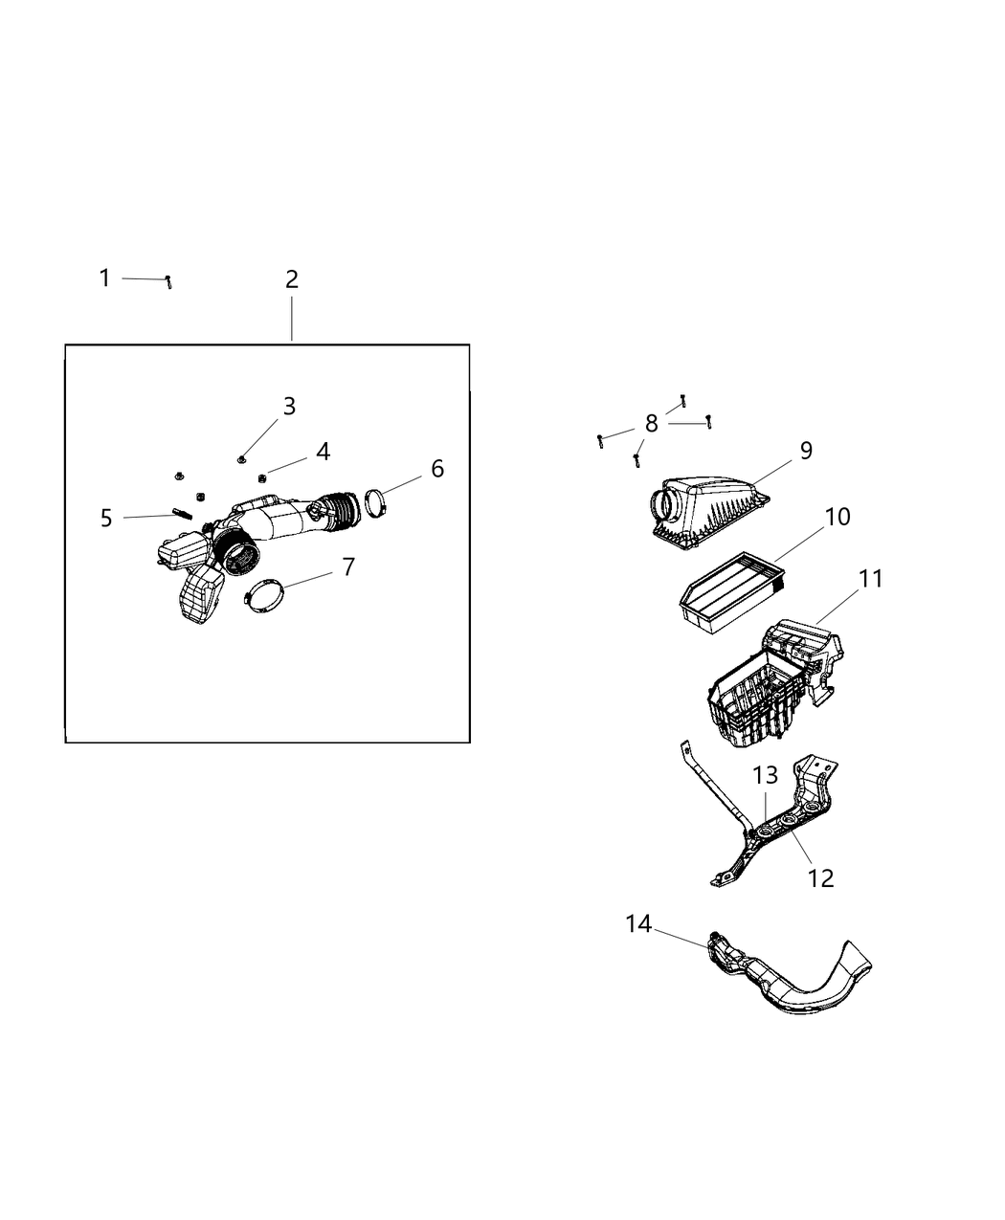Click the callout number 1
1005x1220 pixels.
pos(104,278)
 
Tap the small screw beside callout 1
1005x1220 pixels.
pos(168,281)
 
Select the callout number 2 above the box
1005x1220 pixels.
pos(292,279)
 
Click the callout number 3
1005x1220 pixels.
pos(289,407)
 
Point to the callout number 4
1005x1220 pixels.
pos(324,452)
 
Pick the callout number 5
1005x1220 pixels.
pos(106,518)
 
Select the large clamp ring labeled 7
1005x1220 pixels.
pos(265,596)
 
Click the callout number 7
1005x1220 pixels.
pos(348,567)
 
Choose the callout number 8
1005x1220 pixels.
pos(652,424)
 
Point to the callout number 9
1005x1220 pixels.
pos(806,451)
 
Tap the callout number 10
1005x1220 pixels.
pos(837,517)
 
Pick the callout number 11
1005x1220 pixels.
pos(870,579)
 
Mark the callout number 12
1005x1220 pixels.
pos(820,877)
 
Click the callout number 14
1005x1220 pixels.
pos(638,924)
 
